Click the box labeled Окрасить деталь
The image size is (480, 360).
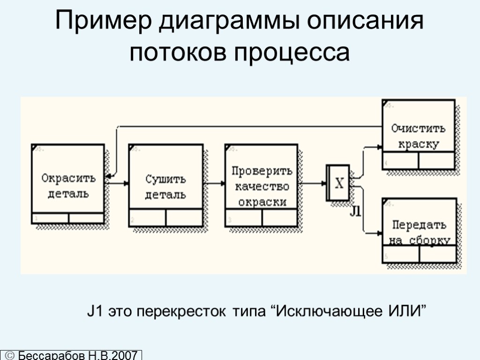coord(68,185)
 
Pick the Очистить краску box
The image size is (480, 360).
coord(419,135)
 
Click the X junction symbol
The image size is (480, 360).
coord(338,183)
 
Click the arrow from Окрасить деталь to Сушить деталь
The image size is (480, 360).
coord(117,184)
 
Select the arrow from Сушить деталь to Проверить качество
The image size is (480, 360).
coord(214,184)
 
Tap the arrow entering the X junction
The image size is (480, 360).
coord(312,184)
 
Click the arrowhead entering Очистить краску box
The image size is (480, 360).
coord(379,147)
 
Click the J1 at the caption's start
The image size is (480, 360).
coord(96,311)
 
